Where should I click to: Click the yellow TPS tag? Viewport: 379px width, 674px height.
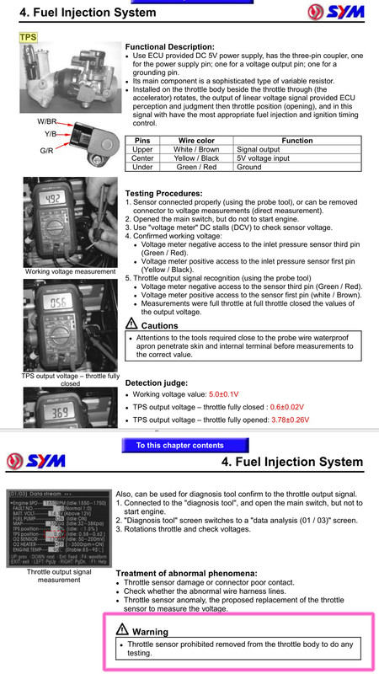29,39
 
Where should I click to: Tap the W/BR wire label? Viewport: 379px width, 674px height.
46,120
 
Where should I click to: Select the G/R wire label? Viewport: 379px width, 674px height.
47,150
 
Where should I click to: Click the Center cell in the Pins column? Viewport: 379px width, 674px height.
143,158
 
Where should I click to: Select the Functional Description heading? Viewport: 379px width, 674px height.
169,46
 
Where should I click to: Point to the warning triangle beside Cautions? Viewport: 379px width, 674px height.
131,324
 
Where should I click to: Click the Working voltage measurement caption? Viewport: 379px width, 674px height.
71,271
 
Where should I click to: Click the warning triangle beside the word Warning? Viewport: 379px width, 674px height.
123,630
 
